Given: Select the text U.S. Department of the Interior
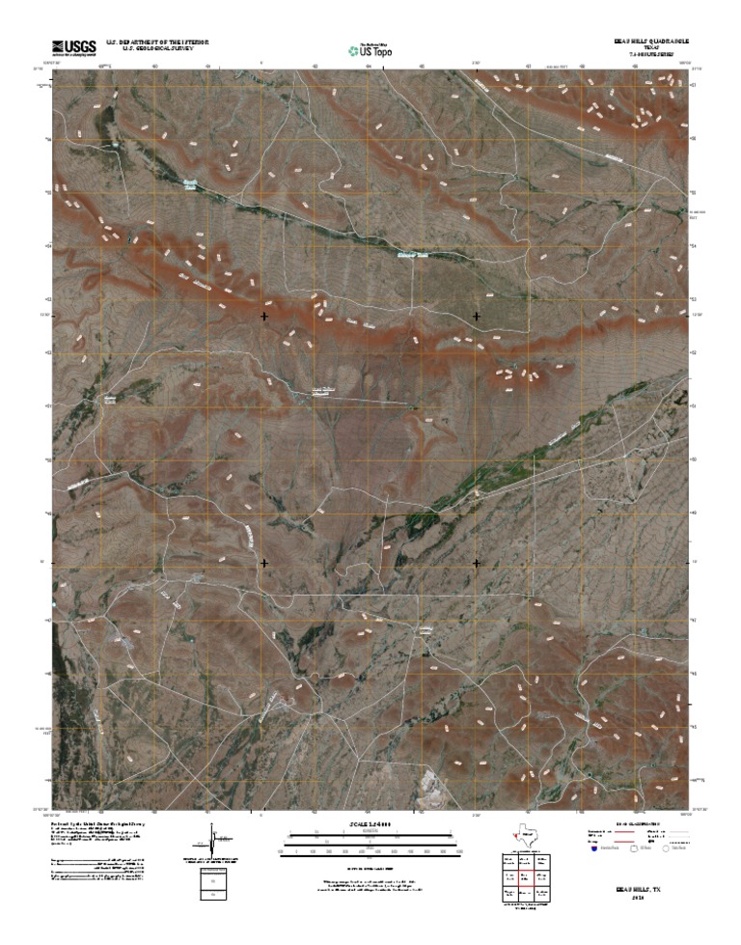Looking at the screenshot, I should (x=157, y=42).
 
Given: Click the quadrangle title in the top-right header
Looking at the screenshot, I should (x=649, y=42).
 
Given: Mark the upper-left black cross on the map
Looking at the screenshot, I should (x=264, y=316).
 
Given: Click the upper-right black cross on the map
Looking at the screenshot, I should (x=477, y=316).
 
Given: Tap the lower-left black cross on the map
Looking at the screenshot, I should (x=264, y=562).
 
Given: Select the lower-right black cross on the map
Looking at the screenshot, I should (x=477, y=562).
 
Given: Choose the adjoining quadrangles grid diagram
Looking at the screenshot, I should (x=526, y=878).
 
